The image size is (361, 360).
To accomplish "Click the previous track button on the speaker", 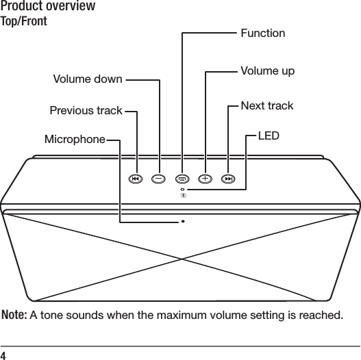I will (136, 179).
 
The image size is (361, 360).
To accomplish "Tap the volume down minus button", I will (159, 179).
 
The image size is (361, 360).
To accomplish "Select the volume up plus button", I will (206, 179).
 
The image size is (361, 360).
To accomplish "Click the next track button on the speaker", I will (229, 179).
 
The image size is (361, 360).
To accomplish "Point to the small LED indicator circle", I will (183, 189).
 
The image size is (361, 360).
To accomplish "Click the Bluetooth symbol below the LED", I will (183, 196).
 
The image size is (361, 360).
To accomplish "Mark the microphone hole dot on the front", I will (184, 221).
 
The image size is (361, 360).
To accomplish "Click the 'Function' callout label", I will (262, 33).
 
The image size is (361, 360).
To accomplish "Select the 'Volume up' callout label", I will (268, 71).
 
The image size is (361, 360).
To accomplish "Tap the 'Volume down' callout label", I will (88, 79).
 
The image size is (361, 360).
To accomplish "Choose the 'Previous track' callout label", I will (86, 110).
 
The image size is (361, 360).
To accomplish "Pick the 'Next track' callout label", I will (266, 105).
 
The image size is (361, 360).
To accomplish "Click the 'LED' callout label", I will (268, 136).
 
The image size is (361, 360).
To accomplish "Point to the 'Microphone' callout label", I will (75, 140).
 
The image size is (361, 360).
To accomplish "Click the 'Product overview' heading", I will (48, 7).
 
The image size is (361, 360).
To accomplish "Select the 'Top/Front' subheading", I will (24, 21).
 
